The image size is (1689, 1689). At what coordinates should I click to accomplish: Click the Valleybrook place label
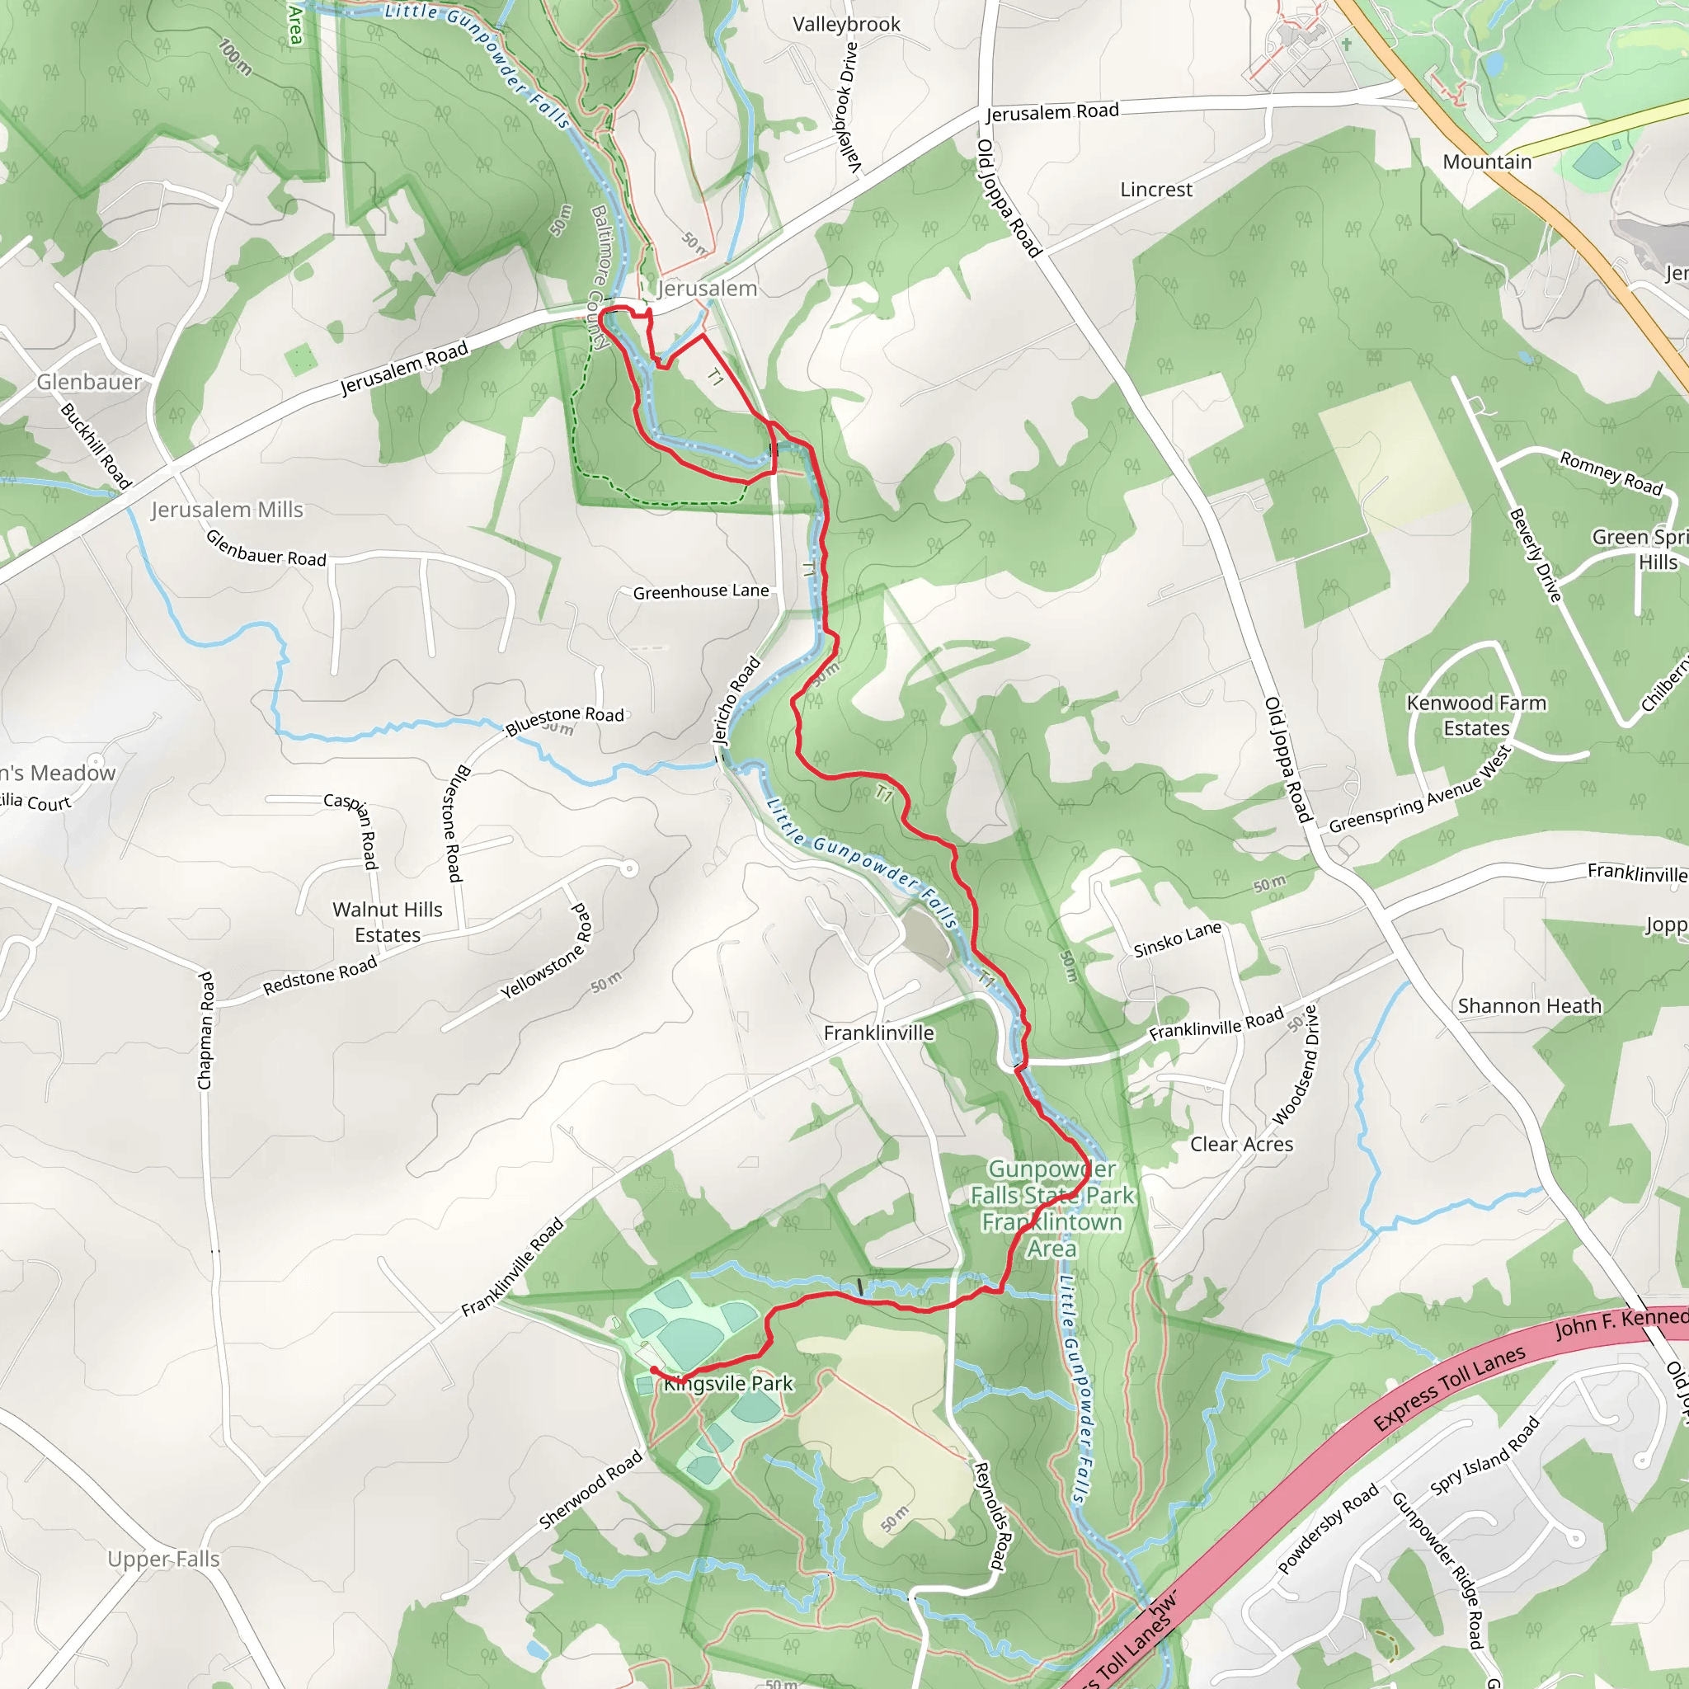(x=845, y=25)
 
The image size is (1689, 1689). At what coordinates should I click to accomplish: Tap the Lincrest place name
(x=1155, y=190)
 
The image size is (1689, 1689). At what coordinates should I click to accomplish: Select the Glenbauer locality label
(x=88, y=382)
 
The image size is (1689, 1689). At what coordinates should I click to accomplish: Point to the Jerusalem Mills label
(x=227, y=510)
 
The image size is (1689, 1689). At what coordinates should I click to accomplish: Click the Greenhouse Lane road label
(x=700, y=592)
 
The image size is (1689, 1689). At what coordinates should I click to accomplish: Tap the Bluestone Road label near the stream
(x=565, y=719)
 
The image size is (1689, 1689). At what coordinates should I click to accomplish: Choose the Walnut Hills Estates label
(x=388, y=922)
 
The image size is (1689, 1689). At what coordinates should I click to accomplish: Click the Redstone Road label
(x=320, y=975)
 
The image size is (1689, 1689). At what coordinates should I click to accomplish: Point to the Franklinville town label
(x=878, y=1033)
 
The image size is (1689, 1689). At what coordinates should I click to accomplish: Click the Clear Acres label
(x=1241, y=1145)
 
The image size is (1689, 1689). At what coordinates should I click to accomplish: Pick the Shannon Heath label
(x=1529, y=1006)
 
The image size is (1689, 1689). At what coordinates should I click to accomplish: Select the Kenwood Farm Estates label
(x=1475, y=716)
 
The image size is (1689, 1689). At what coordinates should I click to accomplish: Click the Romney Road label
(x=1611, y=473)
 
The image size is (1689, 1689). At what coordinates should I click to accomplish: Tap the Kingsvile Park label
(x=728, y=1384)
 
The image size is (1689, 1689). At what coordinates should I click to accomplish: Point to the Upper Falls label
(x=163, y=1559)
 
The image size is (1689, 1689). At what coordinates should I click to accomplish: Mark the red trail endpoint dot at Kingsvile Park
(x=654, y=1371)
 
